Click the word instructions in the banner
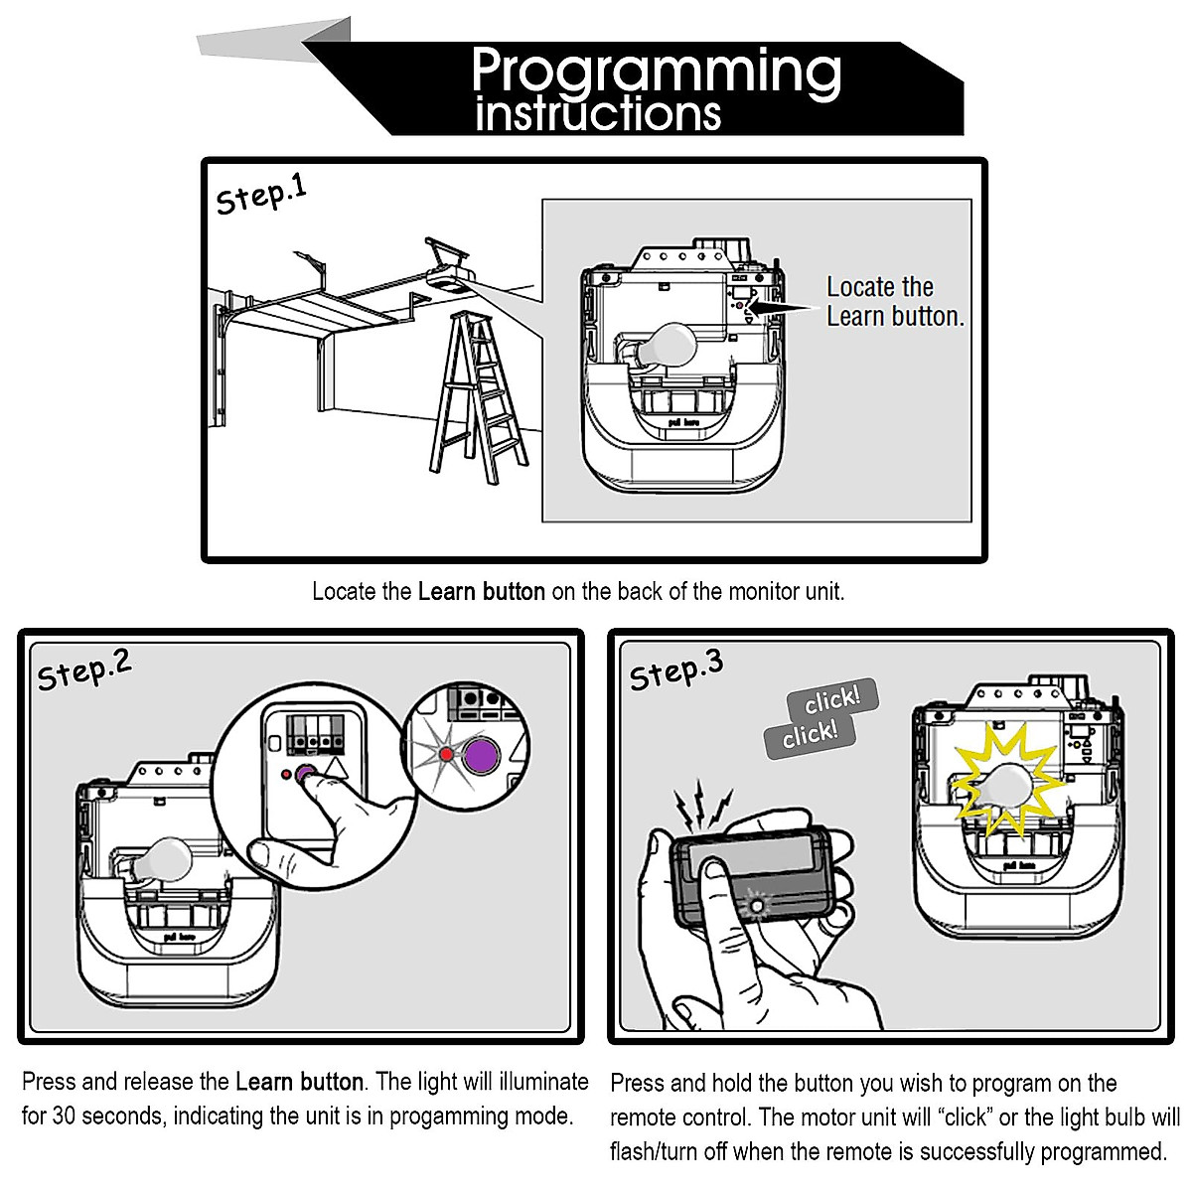click(598, 113)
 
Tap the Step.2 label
click(84, 670)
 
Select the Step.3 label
click(676, 670)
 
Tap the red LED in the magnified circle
click(445, 754)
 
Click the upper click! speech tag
click(832, 698)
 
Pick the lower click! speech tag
click(811, 735)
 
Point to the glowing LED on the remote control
click(756, 906)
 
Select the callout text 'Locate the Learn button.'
click(895, 302)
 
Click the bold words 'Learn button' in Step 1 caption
click(481, 591)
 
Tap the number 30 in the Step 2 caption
click(64, 1117)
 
